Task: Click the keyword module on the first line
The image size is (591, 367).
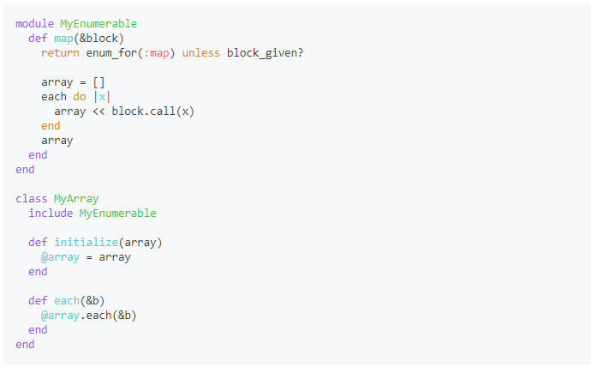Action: (x=34, y=23)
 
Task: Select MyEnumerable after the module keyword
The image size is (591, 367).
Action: (x=98, y=23)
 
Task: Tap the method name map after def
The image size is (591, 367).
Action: (x=63, y=38)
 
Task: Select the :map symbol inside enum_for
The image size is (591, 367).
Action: (x=157, y=52)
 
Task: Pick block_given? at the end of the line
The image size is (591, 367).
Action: (x=265, y=52)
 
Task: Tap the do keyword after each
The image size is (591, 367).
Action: (x=80, y=97)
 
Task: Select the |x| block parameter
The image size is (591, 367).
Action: (x=102, y=97)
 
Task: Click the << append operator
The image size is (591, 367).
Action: (x=98, y=111)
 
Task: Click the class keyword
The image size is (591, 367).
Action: (x=31, y=199)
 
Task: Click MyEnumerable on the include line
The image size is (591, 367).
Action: (x=117, y=213)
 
